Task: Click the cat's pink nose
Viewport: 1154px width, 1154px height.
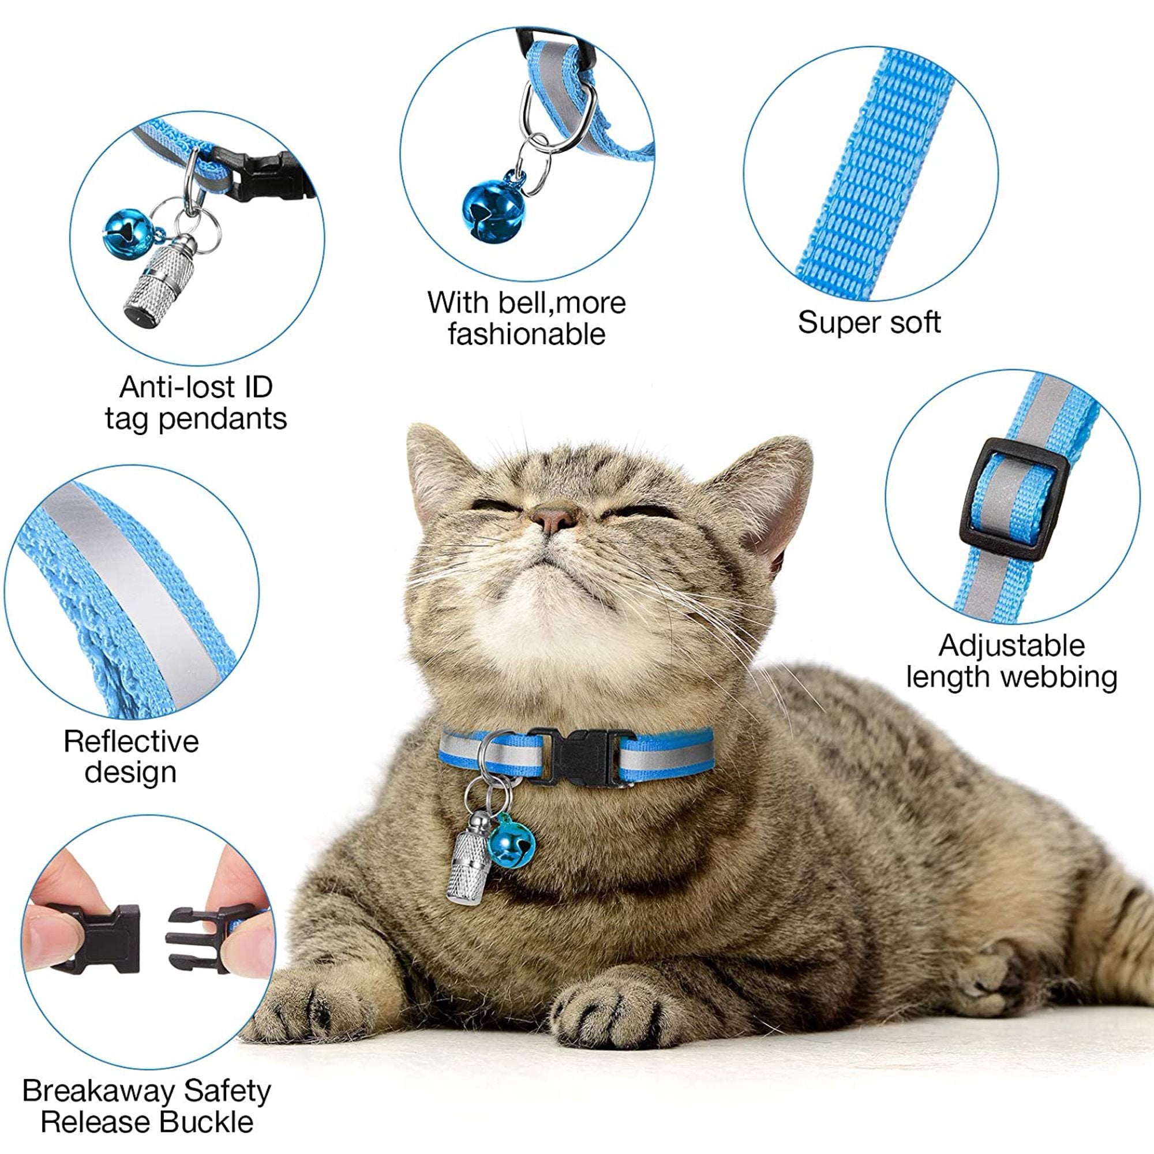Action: click(554, 519)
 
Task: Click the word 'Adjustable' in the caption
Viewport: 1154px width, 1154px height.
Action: click(1011, 646)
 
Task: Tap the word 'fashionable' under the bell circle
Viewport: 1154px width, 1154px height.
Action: click(526, 334)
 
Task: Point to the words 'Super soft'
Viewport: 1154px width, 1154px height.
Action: click(869, 323)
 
